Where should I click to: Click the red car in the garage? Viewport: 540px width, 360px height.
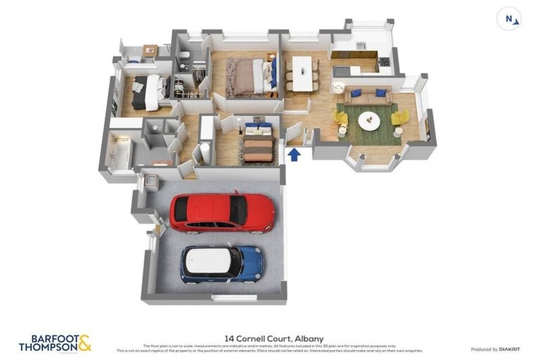[x=221, y=212]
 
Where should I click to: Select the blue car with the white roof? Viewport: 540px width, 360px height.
[x=221, y=263]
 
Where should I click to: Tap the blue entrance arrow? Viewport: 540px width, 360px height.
[x=295, y=153]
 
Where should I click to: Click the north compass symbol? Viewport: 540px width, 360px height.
[x=508, y=18]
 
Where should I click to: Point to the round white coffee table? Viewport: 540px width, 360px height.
[x=369, y=121]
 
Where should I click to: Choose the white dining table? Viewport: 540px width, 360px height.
[x=302, y=73]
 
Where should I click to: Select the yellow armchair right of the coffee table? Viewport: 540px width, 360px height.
[x=400, y=117]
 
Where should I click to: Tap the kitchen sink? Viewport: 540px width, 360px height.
[x=361, y=46]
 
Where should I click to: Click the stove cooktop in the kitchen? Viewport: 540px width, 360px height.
[x=384, y=62]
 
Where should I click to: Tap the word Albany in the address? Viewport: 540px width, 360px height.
[x=309, y=338]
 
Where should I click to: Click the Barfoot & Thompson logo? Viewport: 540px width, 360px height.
[x=55, y=343]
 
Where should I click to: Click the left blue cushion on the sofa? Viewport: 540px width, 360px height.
[x=356, y=93]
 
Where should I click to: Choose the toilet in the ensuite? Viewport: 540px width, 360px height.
[x=182, y=56]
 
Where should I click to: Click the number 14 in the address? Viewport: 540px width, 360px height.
[x=229, y=338]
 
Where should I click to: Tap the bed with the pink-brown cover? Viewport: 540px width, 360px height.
[x=247, y=77]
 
